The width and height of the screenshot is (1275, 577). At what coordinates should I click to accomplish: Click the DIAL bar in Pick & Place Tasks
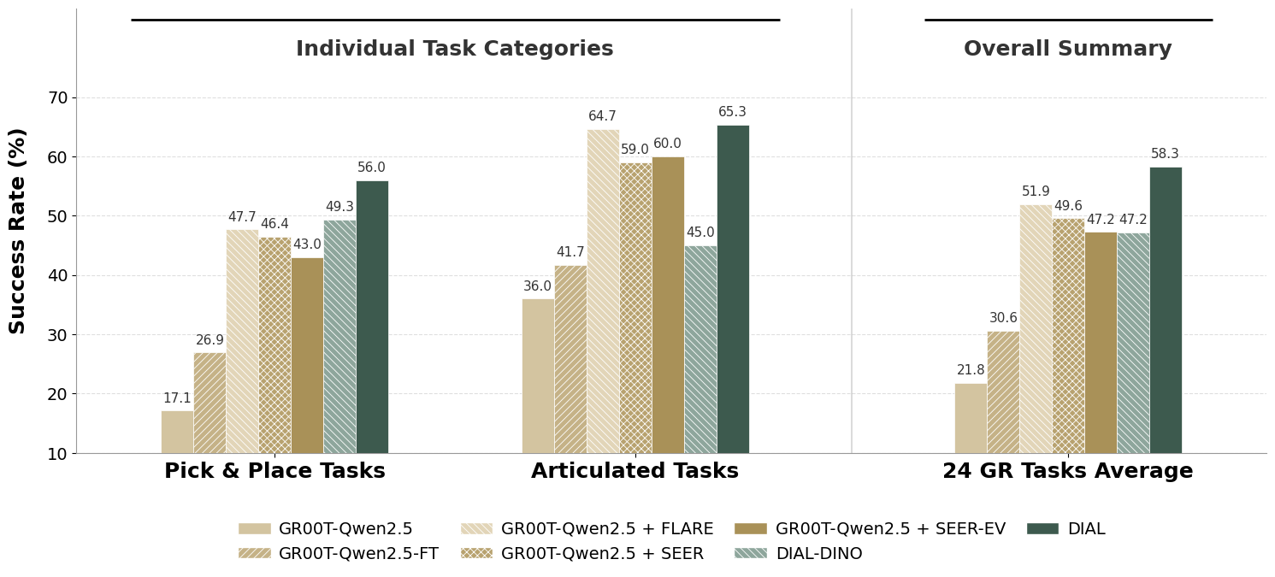tap(372, 316)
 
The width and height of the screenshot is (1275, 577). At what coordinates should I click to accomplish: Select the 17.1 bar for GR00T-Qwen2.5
tap(177, 432)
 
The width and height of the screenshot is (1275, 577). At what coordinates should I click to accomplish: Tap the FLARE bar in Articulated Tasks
tap(603, 291)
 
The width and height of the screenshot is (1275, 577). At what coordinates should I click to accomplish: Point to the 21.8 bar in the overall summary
tap(971, 418)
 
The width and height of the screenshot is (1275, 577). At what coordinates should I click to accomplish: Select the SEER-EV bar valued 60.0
tap(668, 304)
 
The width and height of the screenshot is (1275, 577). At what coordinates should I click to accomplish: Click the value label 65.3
tap(732, 112)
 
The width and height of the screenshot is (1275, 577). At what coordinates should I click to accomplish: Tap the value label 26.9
tap(210, 340)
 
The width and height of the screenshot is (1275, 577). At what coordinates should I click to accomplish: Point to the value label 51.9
tap(1036, 191)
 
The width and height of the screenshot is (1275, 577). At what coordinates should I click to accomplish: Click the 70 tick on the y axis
tap(57, 97)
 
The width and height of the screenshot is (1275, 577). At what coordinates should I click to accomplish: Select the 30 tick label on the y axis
tap(57, 335)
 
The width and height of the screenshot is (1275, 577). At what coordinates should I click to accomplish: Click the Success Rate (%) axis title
tap(18, 231)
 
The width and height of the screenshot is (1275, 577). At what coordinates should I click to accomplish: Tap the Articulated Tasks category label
tap(635, 471)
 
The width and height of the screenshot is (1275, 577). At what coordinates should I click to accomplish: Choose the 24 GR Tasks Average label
tap(1067, 471)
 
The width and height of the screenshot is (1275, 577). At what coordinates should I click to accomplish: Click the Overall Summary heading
tap(1067, 49)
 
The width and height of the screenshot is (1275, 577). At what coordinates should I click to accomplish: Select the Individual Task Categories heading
tap(454, 49)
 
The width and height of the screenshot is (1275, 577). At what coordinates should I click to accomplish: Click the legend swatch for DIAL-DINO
tap(750, 553)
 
